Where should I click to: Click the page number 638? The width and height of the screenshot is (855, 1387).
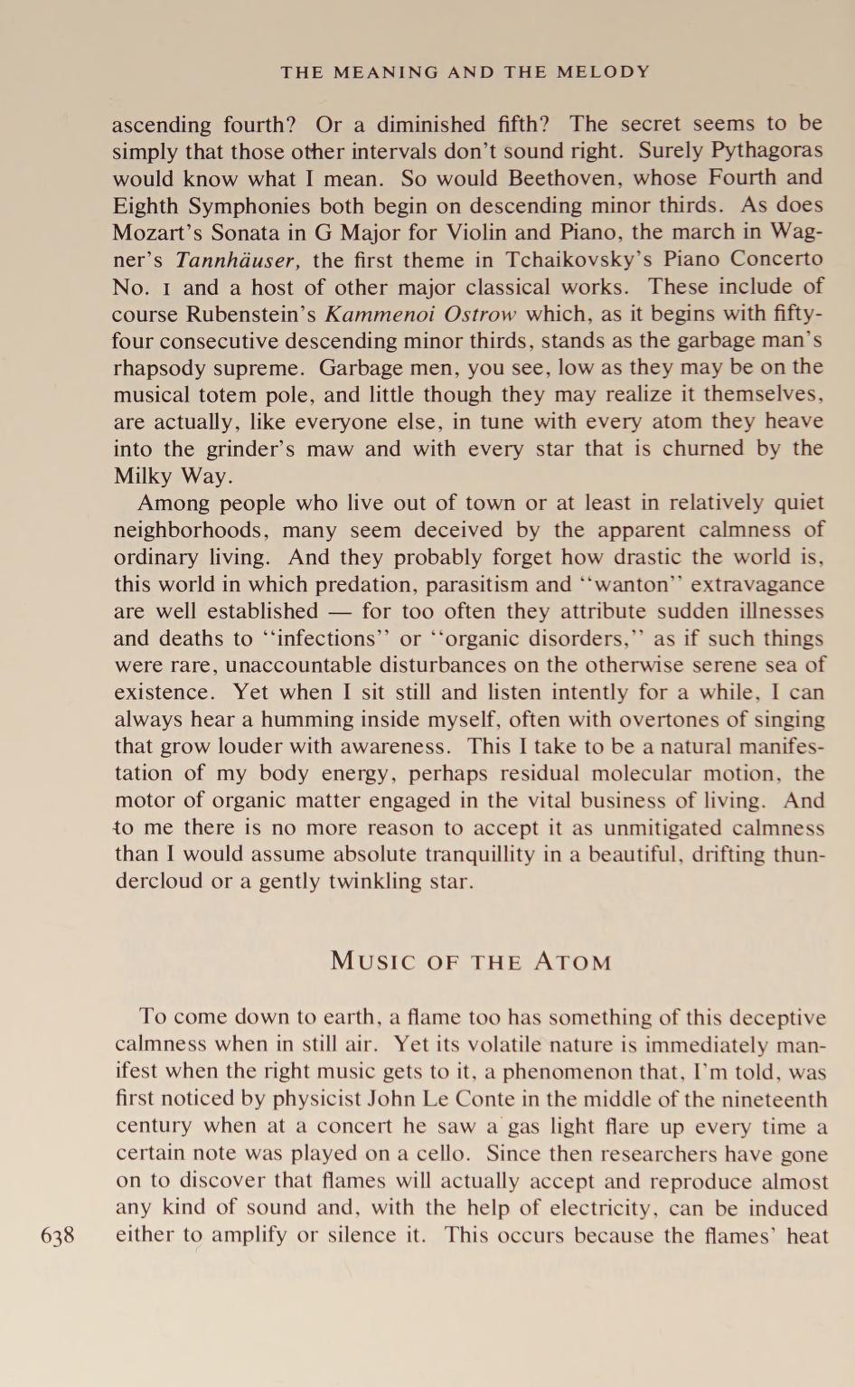coord(58,1236)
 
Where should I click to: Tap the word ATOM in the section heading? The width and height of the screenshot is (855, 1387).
coord(572,961)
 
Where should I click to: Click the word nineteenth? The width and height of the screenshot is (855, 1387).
coord(775,1100)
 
